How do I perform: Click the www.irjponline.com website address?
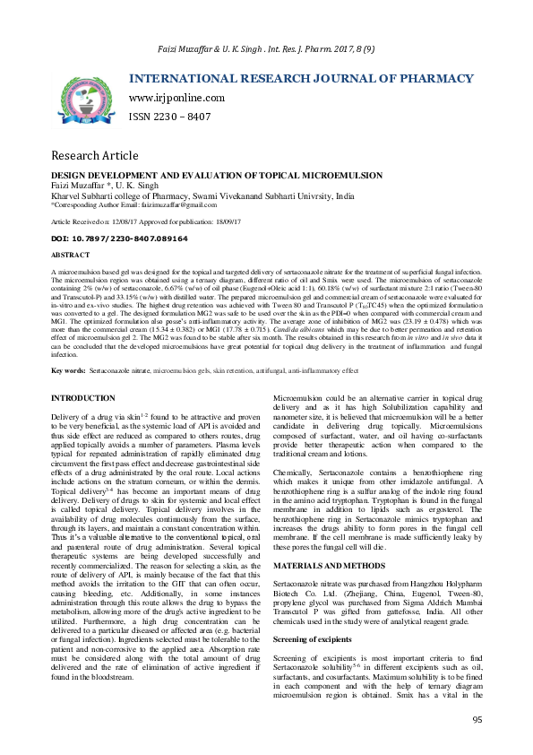pyautogui.click(x=176, y=98)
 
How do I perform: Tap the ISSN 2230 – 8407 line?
pyautogui.click(x=170, y=117)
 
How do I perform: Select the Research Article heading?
pyautogui.click(x=94, y=155)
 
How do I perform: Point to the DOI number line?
pyautogui.click(x=119, y=239)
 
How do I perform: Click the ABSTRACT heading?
pyautogui.click(x=71, y=255)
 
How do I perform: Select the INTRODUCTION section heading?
pyautogui.click(x=90, y=396)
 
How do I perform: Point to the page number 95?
pyautogui.click(x=477, y=719)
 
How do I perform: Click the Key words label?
pyautogui.click(x=69, y=369)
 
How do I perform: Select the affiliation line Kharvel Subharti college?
pyautogui.click(x=202, y=195)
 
